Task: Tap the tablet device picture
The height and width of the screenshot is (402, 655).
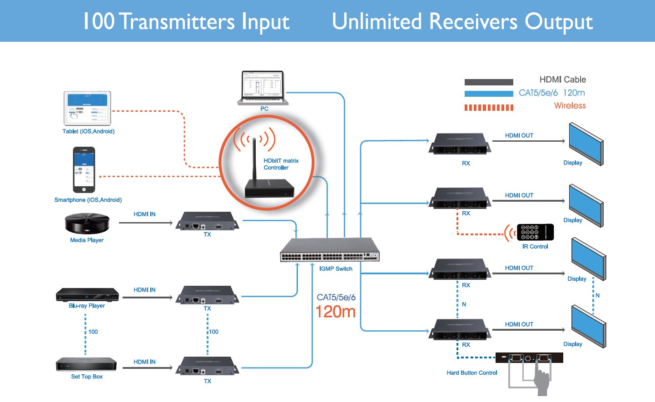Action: click(x=87, y=108)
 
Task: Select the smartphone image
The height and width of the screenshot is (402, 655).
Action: click(x=84, y=170)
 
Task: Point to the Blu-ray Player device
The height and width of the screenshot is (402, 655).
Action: click(x=87, y=295)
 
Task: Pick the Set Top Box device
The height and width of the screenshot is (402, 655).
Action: click(x=86, y=364)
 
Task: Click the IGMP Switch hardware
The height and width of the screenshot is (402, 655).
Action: click(x=330, y=250)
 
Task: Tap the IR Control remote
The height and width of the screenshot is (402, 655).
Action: click(x=535, y=232)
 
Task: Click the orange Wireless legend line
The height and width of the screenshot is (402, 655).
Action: click(x=489, y=108)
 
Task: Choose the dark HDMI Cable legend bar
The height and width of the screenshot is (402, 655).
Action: click(x=489, y=82)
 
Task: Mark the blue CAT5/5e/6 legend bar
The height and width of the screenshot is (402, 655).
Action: click(x=489, y=94)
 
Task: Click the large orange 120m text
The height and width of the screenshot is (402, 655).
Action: click(x=335, y=312)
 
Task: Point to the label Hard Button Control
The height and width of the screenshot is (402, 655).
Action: click(x=471, y=373)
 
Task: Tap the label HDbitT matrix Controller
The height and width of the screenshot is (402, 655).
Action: click(x=281, y=164)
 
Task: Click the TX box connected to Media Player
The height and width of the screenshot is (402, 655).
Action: click(x=207, y=221)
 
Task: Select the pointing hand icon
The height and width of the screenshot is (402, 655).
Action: click(x=542, y=382)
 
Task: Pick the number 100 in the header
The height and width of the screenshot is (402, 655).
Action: click(x=99, y=21)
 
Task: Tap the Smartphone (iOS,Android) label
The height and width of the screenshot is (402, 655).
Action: click(x=88, y=200)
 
